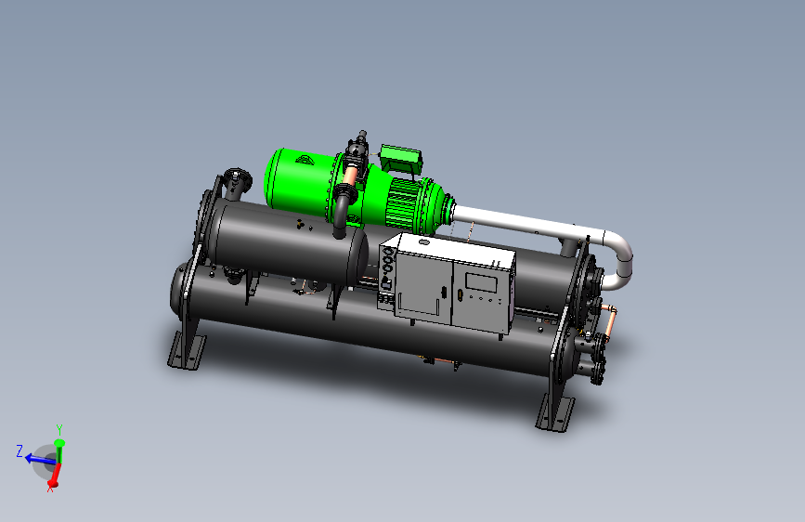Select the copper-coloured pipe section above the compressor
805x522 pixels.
[x=351, y=175]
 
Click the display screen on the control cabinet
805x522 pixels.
[x=481, y=283]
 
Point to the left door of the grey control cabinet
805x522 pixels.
[x=424, y=288]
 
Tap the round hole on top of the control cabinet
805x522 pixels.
[x=424, y=242]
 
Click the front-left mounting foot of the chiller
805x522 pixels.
[x=186, y=350]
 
